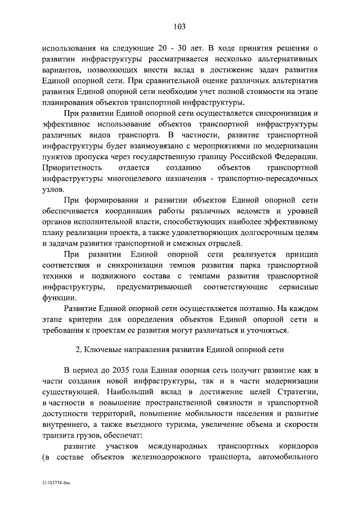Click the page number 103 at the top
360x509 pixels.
[180, 26]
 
